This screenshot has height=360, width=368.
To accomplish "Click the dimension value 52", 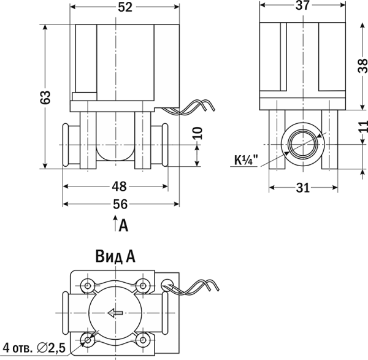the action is [x=125, y=7].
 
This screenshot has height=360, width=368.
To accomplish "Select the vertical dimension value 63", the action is [x=45, y=97].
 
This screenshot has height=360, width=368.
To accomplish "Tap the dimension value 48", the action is [x=119, y=186].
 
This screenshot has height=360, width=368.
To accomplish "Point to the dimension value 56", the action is [x=120, y=204].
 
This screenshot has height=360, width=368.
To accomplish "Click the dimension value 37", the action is [x=302, y=6].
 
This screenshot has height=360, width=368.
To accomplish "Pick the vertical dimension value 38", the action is [x=362, y=66].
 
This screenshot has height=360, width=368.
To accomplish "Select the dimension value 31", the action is [x=303, y=188].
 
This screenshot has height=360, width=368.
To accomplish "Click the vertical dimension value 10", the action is [x=198, y=133].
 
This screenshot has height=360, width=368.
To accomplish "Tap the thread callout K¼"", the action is [x=246, y=160].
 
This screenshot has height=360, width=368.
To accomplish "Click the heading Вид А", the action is [x=115, y=256].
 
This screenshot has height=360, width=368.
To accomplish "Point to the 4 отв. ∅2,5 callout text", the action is [x=34, y=348].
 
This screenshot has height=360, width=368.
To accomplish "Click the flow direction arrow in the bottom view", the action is [x=115, y=313].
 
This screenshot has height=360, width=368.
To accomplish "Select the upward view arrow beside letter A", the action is [x=115, y=223].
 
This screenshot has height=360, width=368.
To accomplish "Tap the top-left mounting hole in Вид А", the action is [x=88, y=286].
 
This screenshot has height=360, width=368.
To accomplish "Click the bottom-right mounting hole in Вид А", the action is [x=142, y=340].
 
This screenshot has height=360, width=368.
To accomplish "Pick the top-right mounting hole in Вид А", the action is [x=142, y=286].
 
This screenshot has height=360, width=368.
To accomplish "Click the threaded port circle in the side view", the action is [x=303, y=144].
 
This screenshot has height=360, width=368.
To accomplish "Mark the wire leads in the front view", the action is [x=188, y=109].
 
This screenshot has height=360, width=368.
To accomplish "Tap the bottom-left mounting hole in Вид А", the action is [x=88, y=340].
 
